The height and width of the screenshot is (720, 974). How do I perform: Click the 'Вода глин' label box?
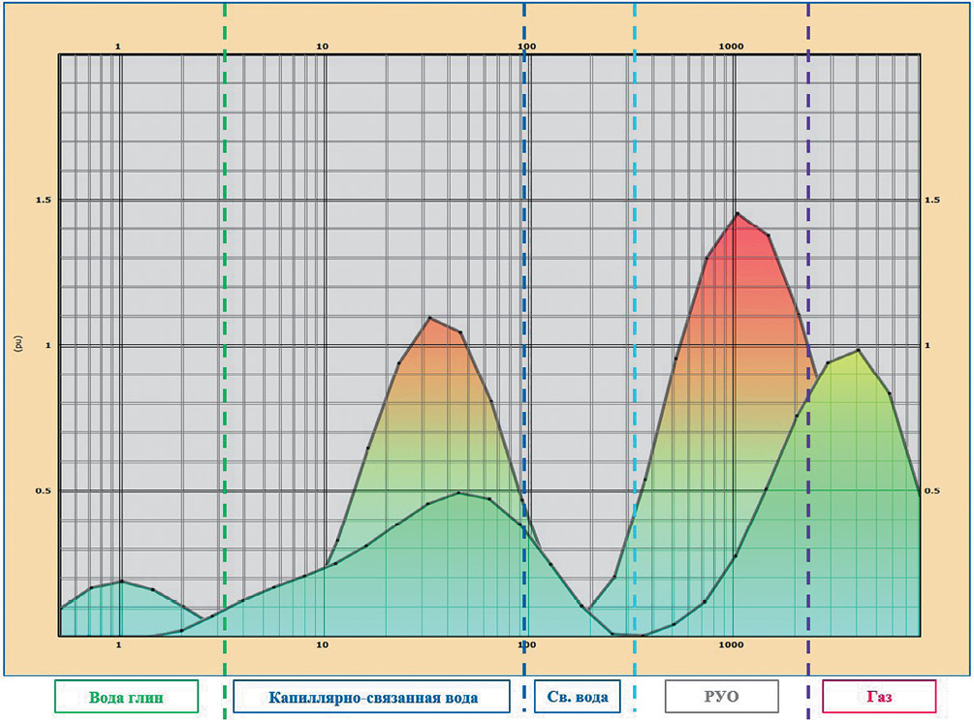coord(126,696)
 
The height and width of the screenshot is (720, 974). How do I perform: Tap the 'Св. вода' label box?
coord(577,696)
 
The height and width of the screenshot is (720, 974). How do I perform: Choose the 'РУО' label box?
coord(722,696)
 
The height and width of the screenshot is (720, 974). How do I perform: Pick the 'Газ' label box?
coord(879,696)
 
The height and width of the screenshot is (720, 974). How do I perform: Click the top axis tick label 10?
coord(323,47)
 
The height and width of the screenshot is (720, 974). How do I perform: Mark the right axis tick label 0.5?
coord(932,491)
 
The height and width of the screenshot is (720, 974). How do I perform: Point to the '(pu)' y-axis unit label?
coord(19,343)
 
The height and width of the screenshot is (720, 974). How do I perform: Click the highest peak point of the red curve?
coord(738,213)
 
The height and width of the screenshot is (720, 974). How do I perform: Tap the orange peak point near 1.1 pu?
coord(429,318)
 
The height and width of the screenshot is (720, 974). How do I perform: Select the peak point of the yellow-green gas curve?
coord(858,350)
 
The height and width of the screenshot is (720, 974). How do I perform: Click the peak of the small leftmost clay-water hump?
coord(121,581)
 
